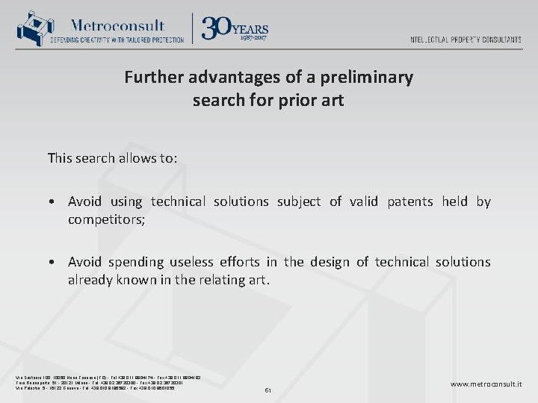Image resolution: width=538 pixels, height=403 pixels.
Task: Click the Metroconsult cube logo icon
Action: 31,28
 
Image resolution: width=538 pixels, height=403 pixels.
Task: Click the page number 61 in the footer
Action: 269,390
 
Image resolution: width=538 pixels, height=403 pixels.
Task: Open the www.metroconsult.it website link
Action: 486,384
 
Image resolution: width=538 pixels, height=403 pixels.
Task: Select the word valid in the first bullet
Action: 365,201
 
